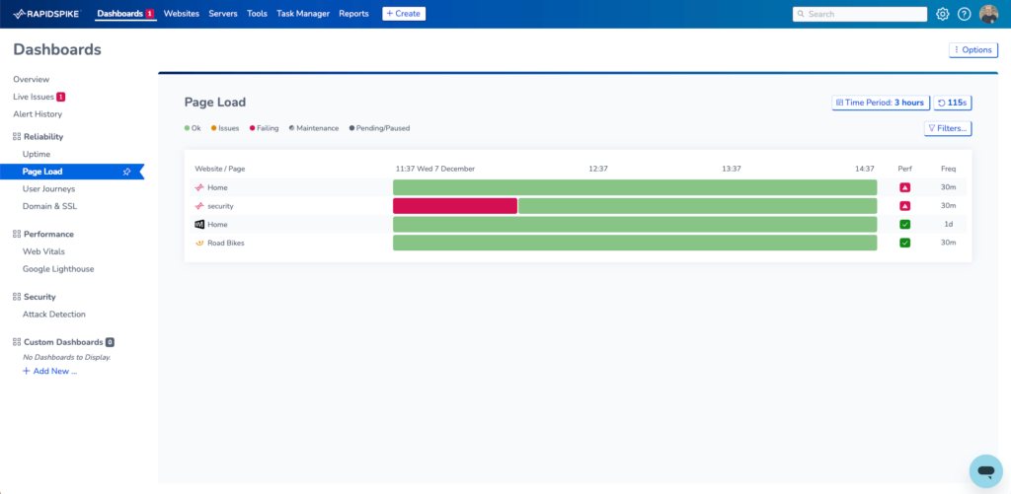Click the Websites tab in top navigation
click(181, 14)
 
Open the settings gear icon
click(942, 14)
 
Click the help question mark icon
click(965, 14)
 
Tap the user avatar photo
click(988, 14)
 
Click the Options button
click(972, 50)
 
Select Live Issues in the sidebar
click(34, 97)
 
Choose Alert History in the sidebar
click(38, 114)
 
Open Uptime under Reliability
click(37, 154)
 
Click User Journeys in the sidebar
click(48, 188)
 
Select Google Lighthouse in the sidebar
click(58, 268)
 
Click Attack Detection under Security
click(54, 315)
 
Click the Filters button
click(947, 128)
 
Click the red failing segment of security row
click(454, 206)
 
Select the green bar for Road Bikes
click(634, 243)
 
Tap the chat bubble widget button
click(985, 471)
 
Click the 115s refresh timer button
click(952, 103)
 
